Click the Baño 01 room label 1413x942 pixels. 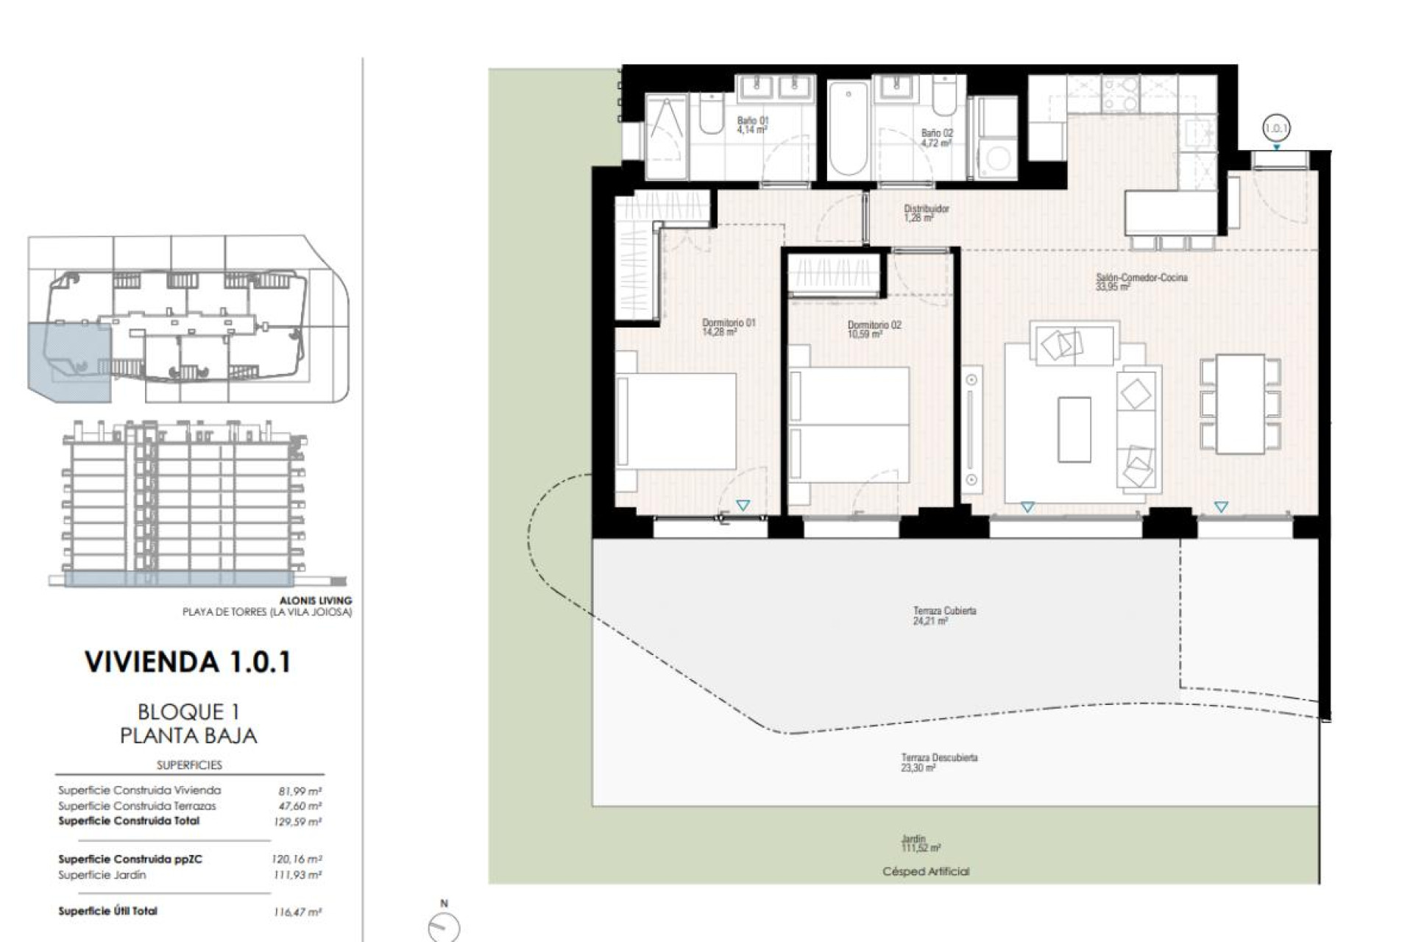point(753,125)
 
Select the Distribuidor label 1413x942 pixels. point(926,213)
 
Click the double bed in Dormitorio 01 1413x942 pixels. point(677,421)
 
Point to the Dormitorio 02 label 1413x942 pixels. point(874,329)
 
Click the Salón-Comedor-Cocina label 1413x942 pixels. point(1141,282)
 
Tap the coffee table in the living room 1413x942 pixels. point(1074,430)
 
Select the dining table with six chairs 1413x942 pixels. point(1240,404)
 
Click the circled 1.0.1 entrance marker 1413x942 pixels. point(1276,128)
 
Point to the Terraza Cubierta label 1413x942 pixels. point(944,615)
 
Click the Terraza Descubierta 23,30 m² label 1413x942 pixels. point(939,762)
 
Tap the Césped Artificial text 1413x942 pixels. point(926,871)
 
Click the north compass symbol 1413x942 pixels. point(444,926)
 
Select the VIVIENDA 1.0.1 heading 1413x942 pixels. point(188,662)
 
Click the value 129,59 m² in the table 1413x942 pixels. point(297,822)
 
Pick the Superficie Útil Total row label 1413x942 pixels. point(108,911)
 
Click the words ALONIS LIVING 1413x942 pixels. point(315,601)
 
